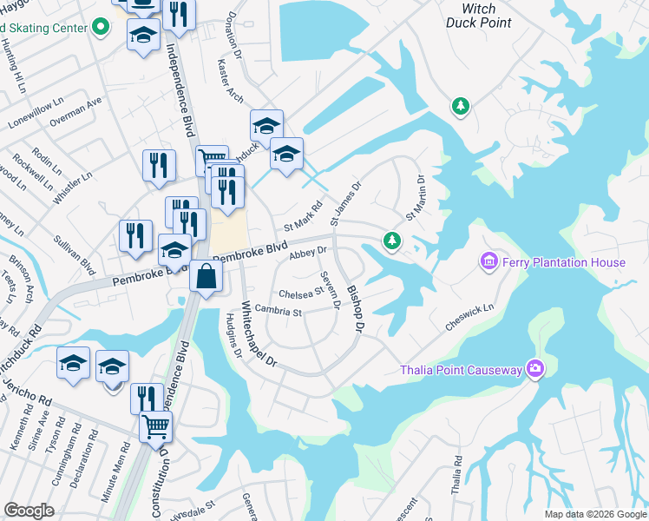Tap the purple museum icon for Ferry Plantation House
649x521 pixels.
pyautogui.click(x=488, y=260)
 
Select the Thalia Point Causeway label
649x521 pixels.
pyautogui.click(x=461, y=371)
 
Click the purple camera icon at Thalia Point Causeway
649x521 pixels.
pyautogui.click(x=535, y=370)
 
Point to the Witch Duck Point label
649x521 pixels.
pyautogui.click(x=479, y=15)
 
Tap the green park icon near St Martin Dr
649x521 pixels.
pyautogui.click(x=392, y=240)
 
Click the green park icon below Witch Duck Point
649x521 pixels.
pyautogui.click(x=461, y=107)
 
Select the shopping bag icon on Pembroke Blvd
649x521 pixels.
pyautogui.click(x=206, y=278)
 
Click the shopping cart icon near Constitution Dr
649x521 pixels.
pyautogui.click(x=155, y=427)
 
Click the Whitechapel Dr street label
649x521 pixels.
pyautogui.click(x=258, y=333)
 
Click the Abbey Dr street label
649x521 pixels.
pyautogui.click(x=307, y=253)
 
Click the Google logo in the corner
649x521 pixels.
pyautogui.click(x=29, y=511)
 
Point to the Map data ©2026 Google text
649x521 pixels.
pyautogui.click(x=595, y=514)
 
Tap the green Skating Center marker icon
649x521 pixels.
pyautogui.click(x=101, y=28)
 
